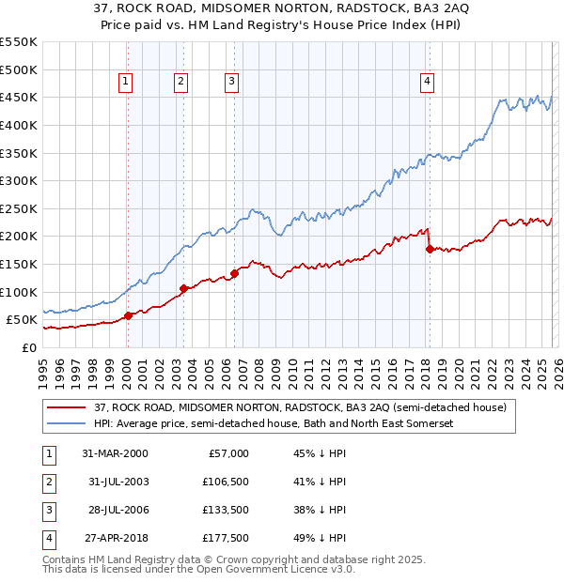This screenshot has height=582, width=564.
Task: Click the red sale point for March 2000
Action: point(128,316)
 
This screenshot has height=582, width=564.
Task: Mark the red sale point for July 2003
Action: point(184,288)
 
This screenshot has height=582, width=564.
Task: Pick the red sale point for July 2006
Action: point(234,273)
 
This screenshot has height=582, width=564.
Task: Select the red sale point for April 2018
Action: point(430,249)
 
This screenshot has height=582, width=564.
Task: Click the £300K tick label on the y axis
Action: point(19,180)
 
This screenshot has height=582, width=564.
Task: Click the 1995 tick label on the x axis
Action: point(43,371)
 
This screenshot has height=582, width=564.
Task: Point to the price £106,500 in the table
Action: point(225,482)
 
